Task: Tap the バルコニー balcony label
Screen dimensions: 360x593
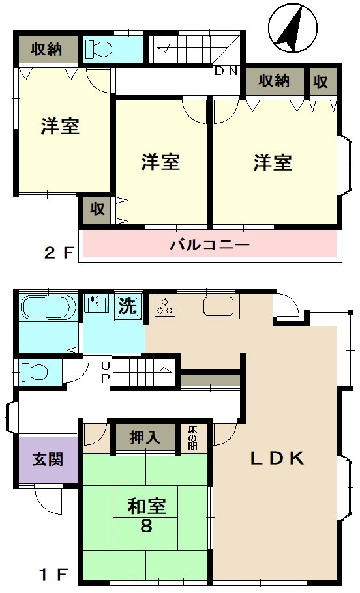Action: (210, 244)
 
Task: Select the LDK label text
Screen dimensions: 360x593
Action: (277, 458)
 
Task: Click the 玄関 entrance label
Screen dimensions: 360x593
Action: (48, 459)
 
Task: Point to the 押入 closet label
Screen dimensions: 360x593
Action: (145, 438)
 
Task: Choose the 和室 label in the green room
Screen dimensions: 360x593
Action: (147, 506)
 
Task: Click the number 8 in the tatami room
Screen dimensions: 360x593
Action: (146, 526)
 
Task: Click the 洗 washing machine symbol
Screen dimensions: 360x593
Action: (128, 306)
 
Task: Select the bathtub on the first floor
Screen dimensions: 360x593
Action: (48, 308)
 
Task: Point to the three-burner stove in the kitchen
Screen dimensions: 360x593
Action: (165, 306)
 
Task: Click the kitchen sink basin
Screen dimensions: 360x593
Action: (218, 306)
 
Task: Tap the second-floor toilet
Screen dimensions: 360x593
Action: (98, 49)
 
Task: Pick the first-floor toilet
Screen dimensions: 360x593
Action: (34, 371)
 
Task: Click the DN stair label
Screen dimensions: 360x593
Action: (226, 72)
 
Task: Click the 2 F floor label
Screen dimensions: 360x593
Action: (58, 253)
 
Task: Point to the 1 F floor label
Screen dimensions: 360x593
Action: (53, 575)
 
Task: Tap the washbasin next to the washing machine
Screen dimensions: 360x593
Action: (96, 304)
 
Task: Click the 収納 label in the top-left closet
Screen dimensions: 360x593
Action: (46, 50)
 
